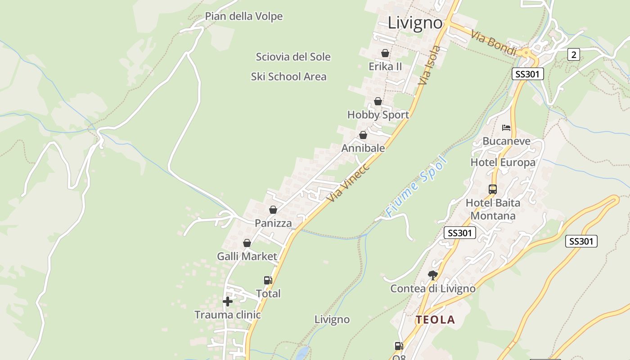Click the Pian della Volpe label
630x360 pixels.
(244, 17)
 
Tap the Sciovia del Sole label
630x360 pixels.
(293, 57)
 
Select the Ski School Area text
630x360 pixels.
(288, 77)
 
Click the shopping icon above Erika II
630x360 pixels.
(385, 53)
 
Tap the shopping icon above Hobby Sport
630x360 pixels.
(378, 101)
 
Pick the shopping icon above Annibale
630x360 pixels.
(363, 135)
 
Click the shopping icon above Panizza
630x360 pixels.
(273, 210)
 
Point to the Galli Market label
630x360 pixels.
(247, 256)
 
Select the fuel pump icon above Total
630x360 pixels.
(268, 280)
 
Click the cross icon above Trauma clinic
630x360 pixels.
(228, 301)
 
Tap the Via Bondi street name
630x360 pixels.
(494, 43)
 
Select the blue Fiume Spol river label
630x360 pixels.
(417, 186)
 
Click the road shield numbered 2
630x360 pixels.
(573, 55)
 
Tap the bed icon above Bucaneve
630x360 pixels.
(506, 128)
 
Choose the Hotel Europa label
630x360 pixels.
(503, 162)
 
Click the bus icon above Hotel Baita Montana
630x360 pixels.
(493, 189)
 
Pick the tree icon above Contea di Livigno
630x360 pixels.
(433, 275)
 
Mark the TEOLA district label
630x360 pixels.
(435, 320)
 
